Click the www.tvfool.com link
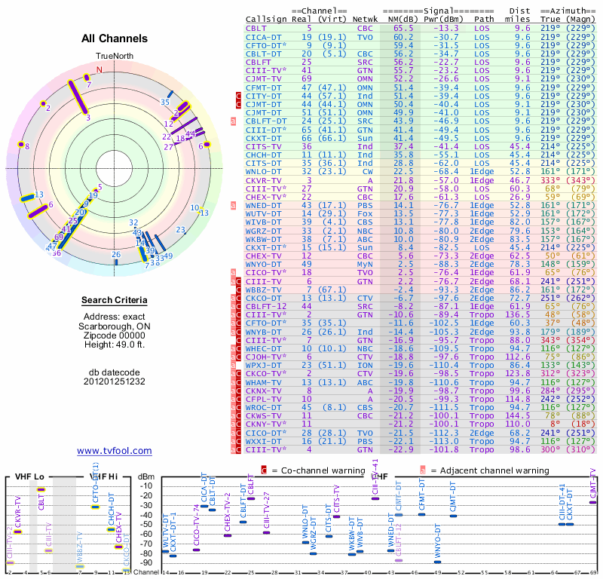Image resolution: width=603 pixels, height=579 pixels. click(x=115, y=451)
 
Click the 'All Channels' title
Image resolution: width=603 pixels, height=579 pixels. click(x=115, y=38)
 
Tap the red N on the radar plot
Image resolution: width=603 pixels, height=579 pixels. click(x=99, y=70)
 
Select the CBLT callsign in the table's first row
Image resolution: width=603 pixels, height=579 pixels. click(x=256, y=28)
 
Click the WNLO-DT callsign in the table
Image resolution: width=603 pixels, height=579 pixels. click(x=264, y=172)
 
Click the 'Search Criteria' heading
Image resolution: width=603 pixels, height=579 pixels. click(x=115, y=301)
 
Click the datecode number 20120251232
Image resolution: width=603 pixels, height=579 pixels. click(x=115, y=381)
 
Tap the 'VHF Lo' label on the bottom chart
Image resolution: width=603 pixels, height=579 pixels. click(x=29, y=476)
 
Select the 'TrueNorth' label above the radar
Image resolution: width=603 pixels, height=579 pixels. click(x=115, y=57)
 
